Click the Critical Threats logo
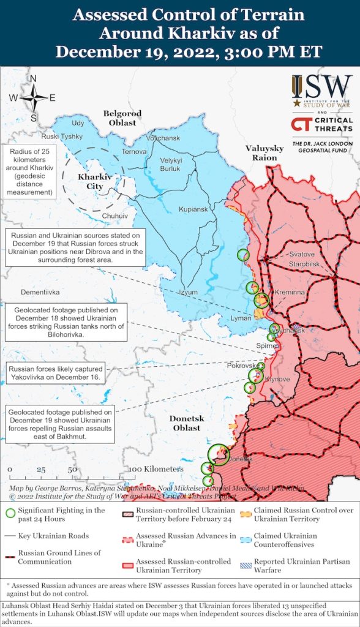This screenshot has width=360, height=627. point(322,125)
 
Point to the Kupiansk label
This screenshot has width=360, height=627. point(193,209)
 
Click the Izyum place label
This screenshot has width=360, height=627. point(189,292)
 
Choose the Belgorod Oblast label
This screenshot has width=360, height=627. point(122,118)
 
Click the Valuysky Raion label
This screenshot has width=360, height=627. point(264,153)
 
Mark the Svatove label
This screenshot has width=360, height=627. point(302,254)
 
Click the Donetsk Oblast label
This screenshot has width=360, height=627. point(186,423)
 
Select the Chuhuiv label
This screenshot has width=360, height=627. point(115,216)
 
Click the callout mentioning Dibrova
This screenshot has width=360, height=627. point(75,247)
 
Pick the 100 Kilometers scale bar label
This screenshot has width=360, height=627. point(156,469)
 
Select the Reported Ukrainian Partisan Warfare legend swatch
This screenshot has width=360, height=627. point(245,562)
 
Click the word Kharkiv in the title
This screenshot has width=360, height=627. point(178,34)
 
